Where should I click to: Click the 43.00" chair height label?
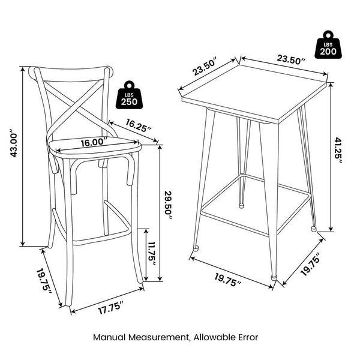(14, 143)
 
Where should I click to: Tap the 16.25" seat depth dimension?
(139, 125)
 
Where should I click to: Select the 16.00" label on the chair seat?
(94, 142)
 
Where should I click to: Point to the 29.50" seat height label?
(168, 206)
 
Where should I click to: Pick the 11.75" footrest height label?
(152, 254)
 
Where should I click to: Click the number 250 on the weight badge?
(129, 102)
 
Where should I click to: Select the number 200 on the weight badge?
(328, 52)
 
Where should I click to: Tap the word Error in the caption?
(248, 337)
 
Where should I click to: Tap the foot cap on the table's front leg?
(274, 277)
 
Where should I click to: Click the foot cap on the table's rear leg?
(241, 206)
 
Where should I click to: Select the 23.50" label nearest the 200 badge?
(292, 59)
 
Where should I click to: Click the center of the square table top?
(255, 92)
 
